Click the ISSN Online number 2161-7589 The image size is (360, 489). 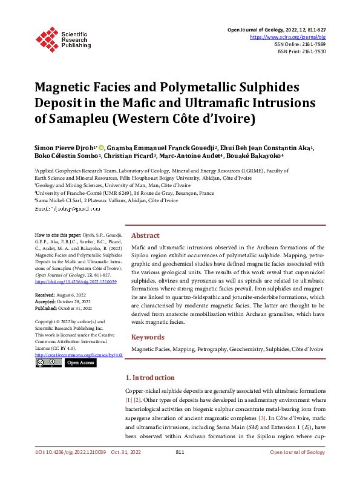312,44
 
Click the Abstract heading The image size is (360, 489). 145,235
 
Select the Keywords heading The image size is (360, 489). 148,337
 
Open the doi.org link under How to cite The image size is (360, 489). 76,282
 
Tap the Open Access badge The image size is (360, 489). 80,363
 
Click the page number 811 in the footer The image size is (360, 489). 180,469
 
